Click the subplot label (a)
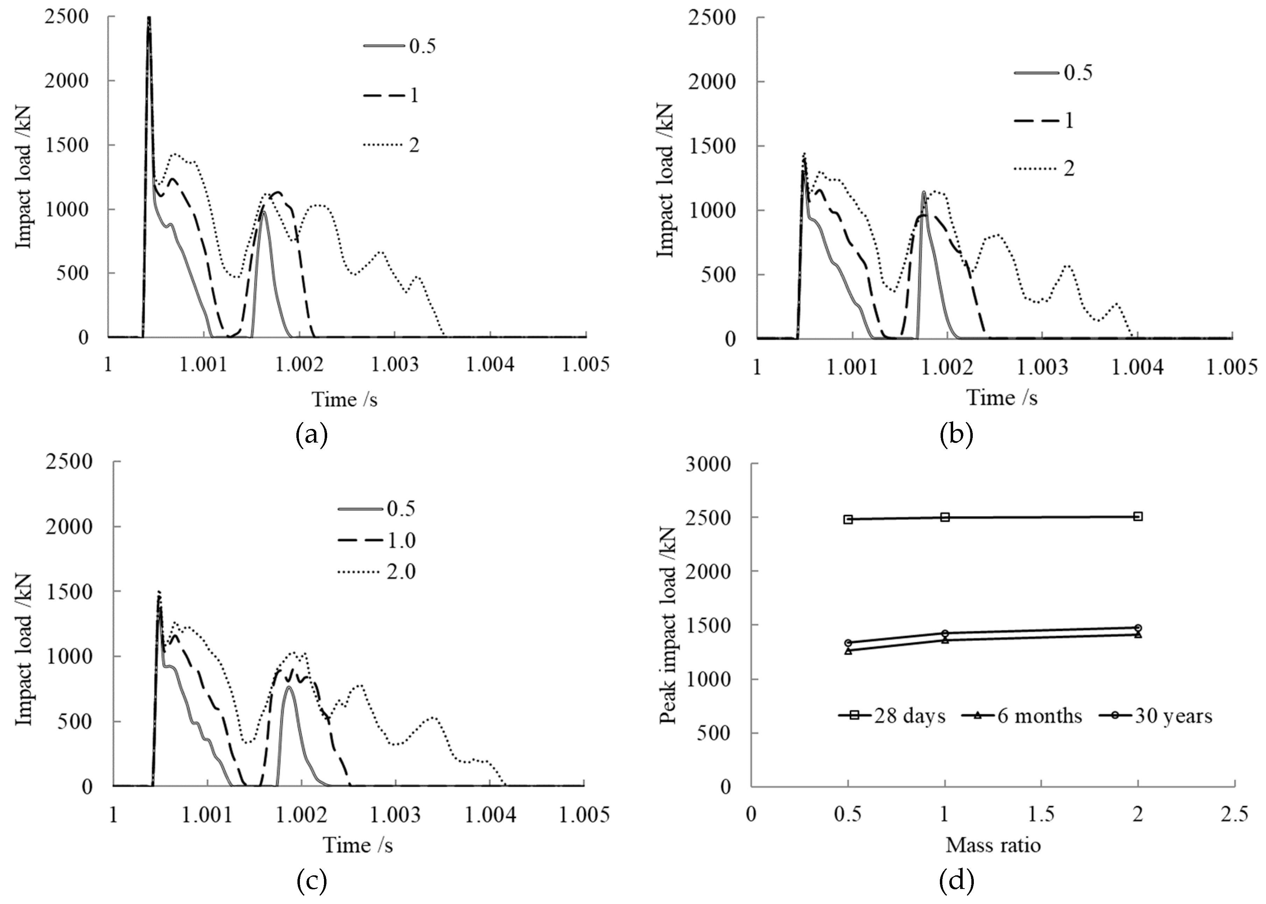312,435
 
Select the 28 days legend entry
892,715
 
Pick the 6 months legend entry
1022,715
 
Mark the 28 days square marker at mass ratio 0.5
848,520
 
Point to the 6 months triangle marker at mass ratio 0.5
848,650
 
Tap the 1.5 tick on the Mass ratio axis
1041,815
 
